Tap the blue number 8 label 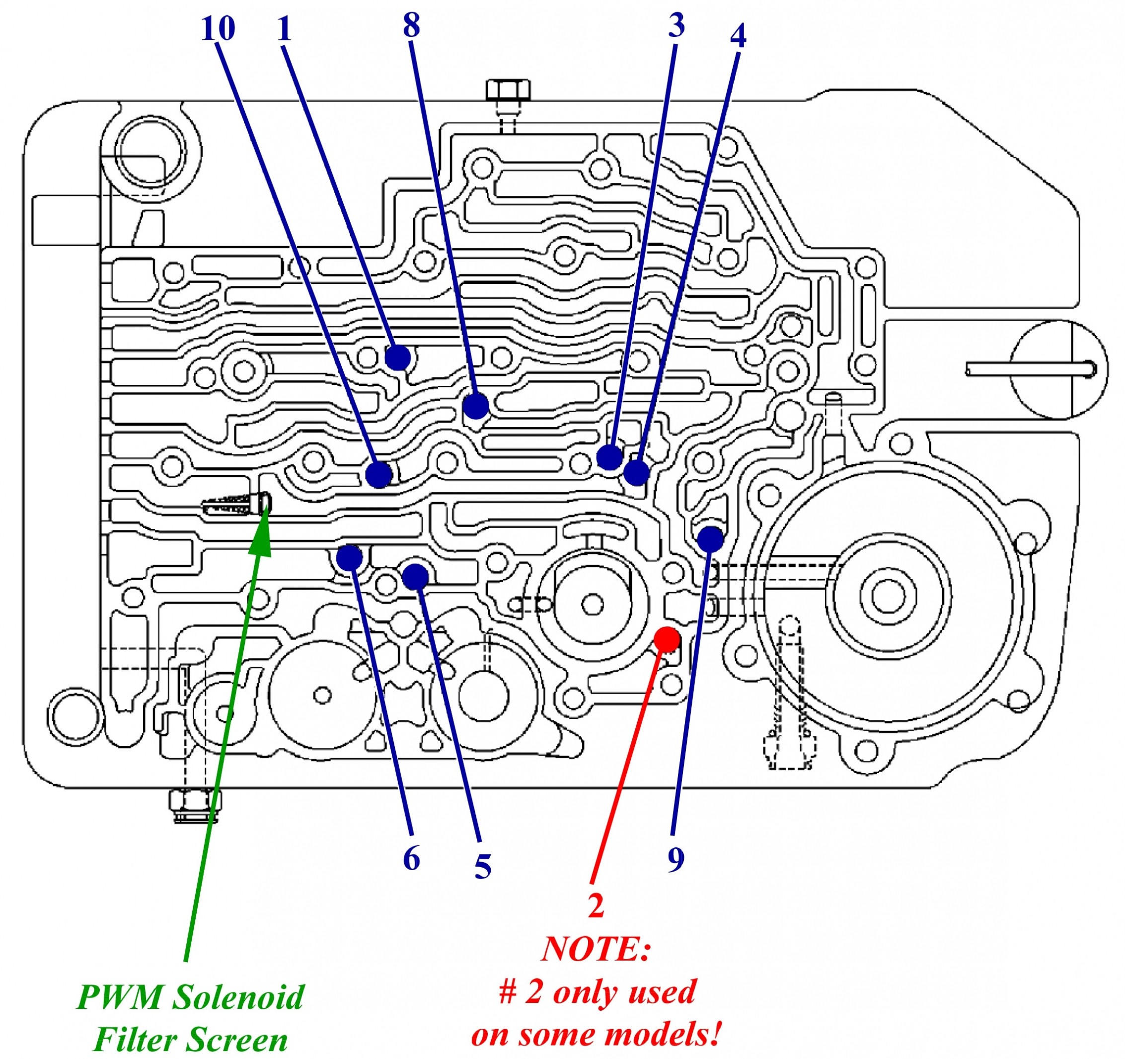click(411, 25)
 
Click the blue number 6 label click(411, 859)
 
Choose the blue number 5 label click(483, 867)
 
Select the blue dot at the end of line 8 click(475, 406)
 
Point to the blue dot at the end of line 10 click(378, 474)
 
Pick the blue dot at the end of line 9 click(710, 538)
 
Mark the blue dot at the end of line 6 click(349, 557)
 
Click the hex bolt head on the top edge click(508, 90)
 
